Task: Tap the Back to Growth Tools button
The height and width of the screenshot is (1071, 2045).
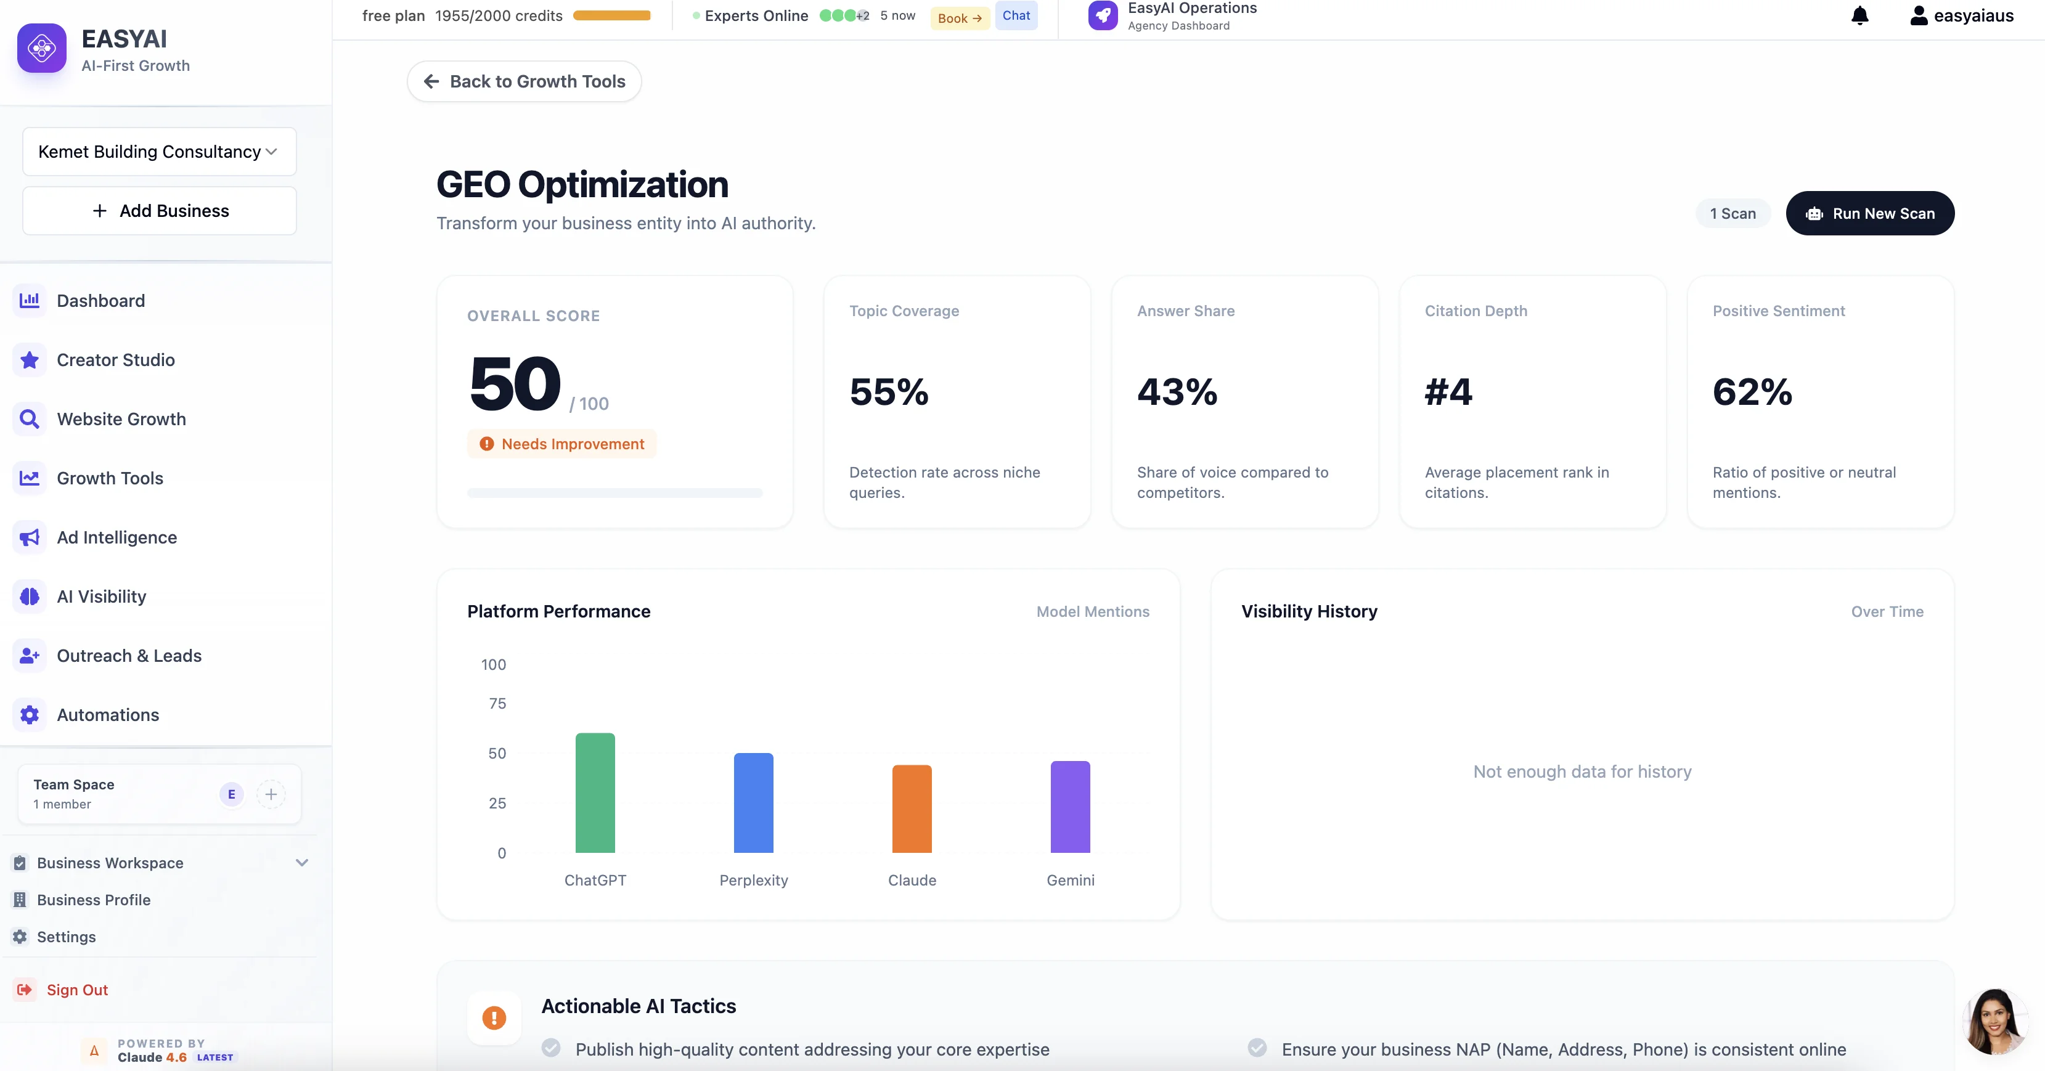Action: pos(524,82)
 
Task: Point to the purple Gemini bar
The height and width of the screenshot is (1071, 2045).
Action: pos(1070,807)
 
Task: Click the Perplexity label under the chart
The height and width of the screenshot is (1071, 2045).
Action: pos(753,880)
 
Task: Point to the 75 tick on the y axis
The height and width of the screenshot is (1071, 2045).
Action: pos(497,703)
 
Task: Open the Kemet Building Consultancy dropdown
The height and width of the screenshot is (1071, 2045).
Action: pos(159,152)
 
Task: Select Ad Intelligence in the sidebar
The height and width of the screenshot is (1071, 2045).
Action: pos(116,537)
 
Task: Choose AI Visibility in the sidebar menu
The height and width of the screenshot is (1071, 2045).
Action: pos(102,597)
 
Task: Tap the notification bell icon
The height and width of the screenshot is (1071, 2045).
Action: pos(1859,16)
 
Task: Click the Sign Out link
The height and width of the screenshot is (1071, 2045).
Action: pos(76,989)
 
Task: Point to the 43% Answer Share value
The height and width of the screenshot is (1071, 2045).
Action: pos(1177,392)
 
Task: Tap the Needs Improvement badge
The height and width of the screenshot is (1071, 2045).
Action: pos(562,444)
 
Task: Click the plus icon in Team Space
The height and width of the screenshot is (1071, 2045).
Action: pos(271,794)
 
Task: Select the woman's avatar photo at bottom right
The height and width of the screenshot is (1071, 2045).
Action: pos(1994,1021)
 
